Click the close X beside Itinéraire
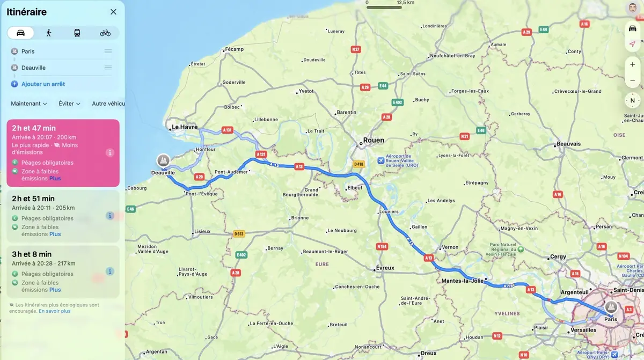[113, 12]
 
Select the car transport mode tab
[21, 33]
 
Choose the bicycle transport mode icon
[105, 33]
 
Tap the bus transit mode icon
[77, 33]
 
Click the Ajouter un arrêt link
[43, 84]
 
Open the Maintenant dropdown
[29, 104]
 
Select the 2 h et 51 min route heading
[33, 199]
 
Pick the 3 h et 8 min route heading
[32, 254]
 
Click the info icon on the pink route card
[110, 152]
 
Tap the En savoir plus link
[55, 311]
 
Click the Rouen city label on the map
[374, 140]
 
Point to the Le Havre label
[185, 127]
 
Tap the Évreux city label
[385, 268]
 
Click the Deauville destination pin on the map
[163, 160]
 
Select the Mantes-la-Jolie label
[462, 281]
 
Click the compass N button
[632, 100]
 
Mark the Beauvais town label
[569, 144]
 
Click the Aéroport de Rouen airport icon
[381, 160]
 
